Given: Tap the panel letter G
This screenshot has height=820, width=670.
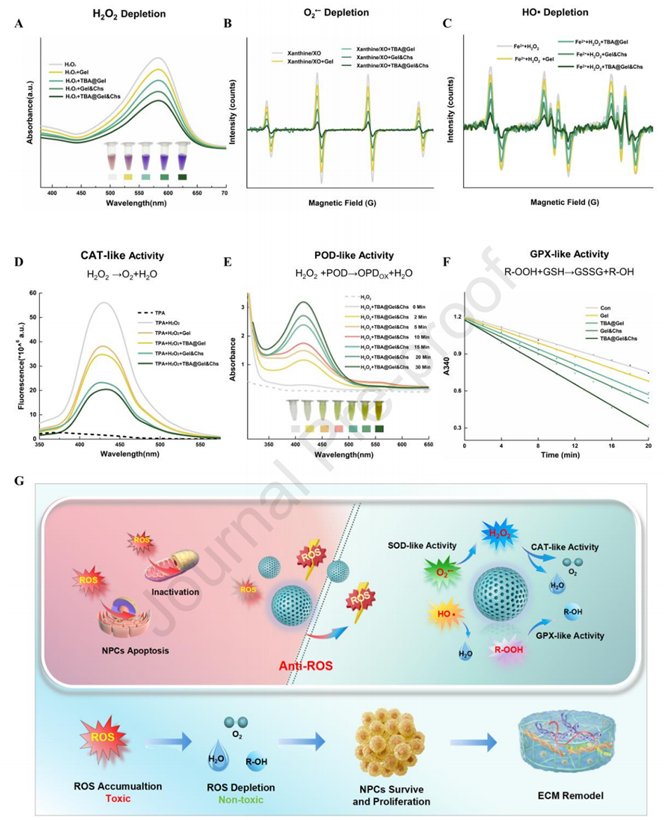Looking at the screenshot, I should point(18,482).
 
